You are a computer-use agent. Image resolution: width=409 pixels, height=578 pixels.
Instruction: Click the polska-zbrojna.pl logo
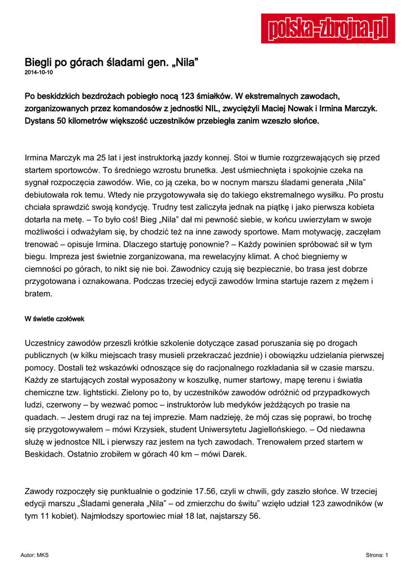pyautogui.click(x=328, y=28)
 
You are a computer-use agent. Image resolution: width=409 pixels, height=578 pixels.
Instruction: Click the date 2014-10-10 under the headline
pyautogui.click(x=39, y=73)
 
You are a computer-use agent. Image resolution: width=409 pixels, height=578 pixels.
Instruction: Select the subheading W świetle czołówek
pyautogui.click(x=54, y=319)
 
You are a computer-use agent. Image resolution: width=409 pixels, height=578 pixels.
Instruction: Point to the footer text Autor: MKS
pyautogui.click(x=34, y=555)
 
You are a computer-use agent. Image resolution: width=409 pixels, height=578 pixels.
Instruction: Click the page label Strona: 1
pyautogui.click(x=377, y=555)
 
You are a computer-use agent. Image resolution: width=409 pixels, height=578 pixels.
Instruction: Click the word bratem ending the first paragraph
pyautogui.click(x=38, y=294)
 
